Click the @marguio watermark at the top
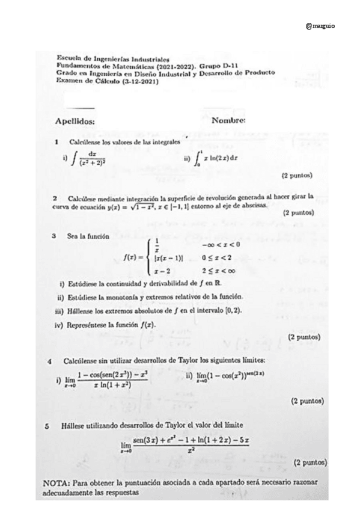tap(320, 26)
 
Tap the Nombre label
tap(229, 120)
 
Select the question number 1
tap(55, 143)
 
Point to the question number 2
tap(55, 197)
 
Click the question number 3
tap(55, 236)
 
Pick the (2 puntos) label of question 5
tap(310, 463)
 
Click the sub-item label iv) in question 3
tap(59, 324)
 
